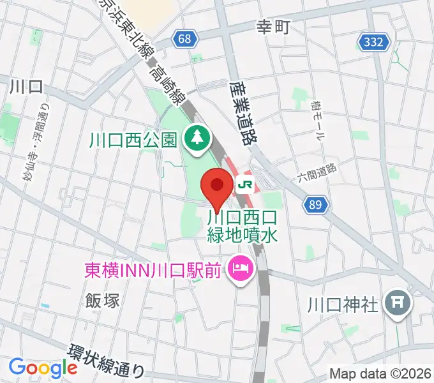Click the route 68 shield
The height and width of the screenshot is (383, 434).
[184, 40]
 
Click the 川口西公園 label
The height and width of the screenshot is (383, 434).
[133, 139]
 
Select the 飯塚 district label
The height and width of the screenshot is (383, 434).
[102, 300]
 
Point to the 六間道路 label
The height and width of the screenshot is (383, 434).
[317, 172]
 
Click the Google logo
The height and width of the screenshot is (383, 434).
[43, 368]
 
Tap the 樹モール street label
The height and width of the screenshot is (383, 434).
[317, 121]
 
